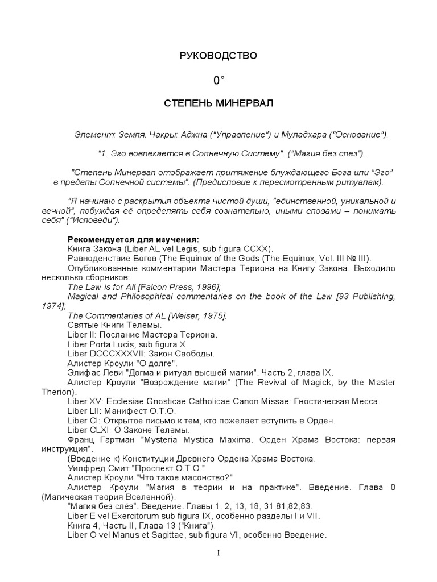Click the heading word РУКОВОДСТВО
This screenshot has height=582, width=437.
coord(218,56)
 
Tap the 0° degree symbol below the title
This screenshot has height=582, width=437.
coord(219,81)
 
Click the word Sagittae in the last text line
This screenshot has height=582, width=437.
coord(189,535)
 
